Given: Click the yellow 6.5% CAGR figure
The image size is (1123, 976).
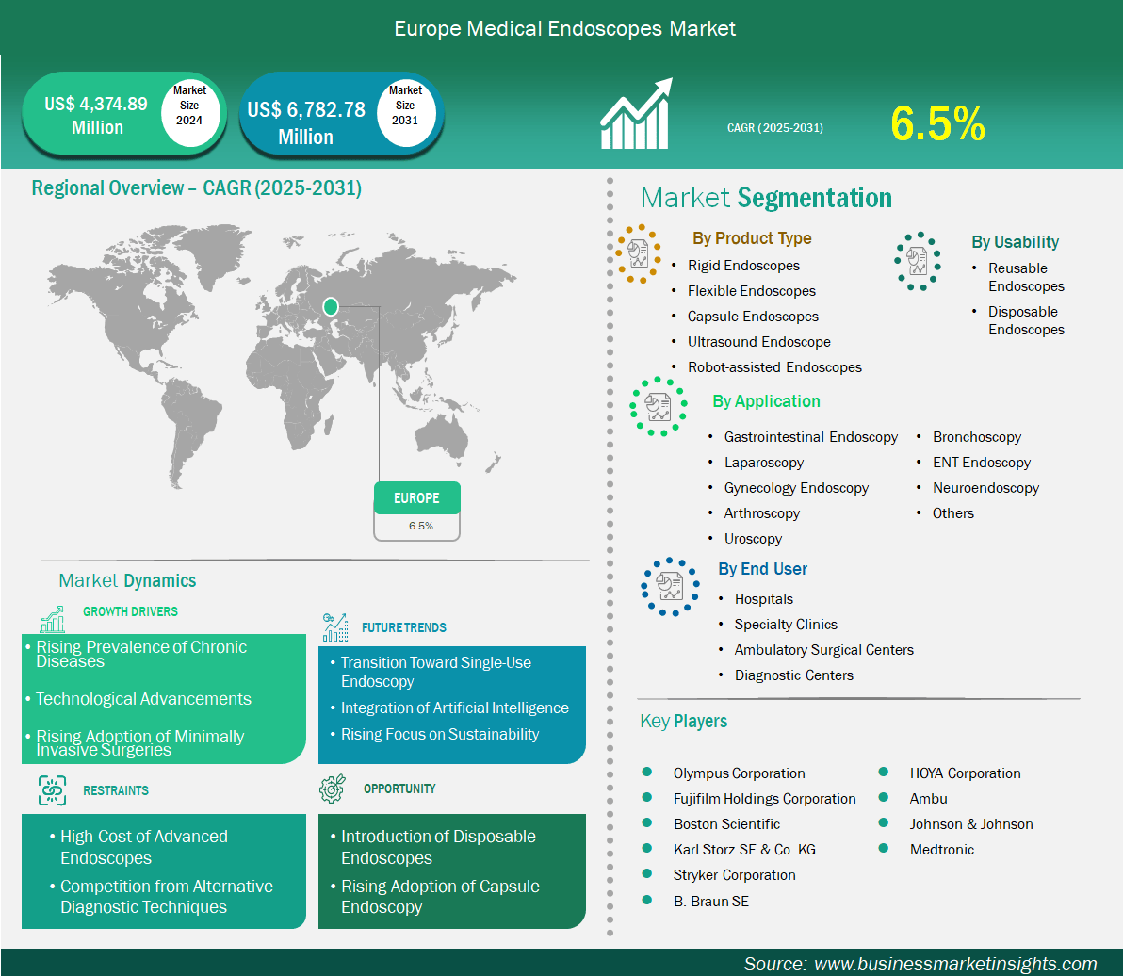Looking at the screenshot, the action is pos(937,123).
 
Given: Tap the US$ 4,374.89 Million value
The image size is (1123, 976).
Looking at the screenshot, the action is pos(96,115).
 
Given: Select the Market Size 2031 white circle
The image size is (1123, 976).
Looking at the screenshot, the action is pos(406,113).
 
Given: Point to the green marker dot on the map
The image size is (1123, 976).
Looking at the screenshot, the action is pos(330,306).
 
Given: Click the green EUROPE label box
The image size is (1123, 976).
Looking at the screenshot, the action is pos(416,497).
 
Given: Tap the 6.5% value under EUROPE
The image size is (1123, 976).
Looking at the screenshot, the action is pos(421,526).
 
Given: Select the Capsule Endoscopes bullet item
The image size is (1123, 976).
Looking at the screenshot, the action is pos(753,317).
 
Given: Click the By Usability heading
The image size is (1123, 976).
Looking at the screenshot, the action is pos(1015,242).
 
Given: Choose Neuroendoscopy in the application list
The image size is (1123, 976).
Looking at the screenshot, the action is pos(985,488).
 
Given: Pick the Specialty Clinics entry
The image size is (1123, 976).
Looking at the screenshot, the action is pos(786,625).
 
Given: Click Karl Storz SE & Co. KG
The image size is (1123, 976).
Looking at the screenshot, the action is pos(744,849).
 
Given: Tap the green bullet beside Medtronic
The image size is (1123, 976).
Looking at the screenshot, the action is pos(884,848).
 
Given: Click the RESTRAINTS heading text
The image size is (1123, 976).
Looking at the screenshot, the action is pos(116,790).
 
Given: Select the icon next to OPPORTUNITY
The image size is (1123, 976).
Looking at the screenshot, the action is pos(333,789).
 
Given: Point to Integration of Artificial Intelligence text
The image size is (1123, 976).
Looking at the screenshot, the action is pos(455,708).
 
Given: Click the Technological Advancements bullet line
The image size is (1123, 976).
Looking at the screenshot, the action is pos(143,699).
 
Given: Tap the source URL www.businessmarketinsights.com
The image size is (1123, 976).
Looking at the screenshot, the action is pos(955,964).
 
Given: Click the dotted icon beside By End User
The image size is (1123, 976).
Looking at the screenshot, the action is pos(670,587).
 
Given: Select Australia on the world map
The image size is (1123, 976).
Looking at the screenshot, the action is pos(442,435).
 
